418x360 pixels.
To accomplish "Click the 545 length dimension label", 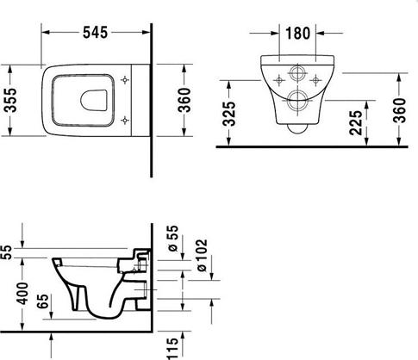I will click(96, 34).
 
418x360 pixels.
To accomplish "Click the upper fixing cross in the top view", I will click(126, 81).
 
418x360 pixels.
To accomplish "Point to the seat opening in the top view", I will click(83, 100).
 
